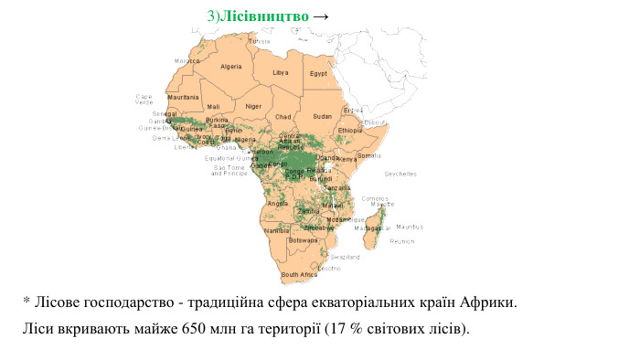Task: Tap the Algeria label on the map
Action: pyautogui.click(x=231, y=67)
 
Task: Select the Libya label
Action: pyautogui.click(x=281, y=72)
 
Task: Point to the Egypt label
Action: pyautogui.click(x=318, y=73)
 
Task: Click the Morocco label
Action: pyautogui.click(x=187, y=61)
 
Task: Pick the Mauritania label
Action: pyautogui.click(x=184, y=97)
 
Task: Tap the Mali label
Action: pyautogui.click(x=213, y=107)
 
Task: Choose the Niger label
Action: pyautogui.click(x=253, y=106)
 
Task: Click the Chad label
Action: pyautogui.click(x=283, y=117)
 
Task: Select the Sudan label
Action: pyautogui.click(x=323, y=117)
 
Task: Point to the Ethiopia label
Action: pyautogui.click(x=350, y=131)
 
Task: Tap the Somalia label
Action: pyautogui.click(x=370, y=155)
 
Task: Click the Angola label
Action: pyautogui.click(x=277, y=204)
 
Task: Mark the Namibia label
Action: pyautogui.click(x=276, y=231)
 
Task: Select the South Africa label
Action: pyautogui.click(x=299, y=274)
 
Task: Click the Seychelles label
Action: pyautogui.click(x=400, y=174)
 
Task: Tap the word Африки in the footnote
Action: pyautogui.click(x=488, y=301)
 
